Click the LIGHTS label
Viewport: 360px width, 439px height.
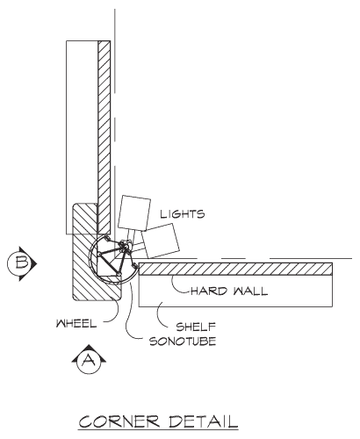click(183, 214)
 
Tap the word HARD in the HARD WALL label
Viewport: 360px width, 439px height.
click(209, 291)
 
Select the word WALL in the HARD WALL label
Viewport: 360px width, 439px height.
click(250, 291)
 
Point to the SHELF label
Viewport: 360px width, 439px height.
click(196, 327)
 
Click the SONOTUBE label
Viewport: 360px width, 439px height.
click(183, 342)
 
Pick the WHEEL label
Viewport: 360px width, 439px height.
click(76, 323)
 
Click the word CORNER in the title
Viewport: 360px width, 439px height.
click(119, 421)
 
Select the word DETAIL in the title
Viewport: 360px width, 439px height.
click(203, 421)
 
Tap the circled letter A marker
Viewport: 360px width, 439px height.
click(89, 359)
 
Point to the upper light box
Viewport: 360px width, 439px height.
click(134, 212)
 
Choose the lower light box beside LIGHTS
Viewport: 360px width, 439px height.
click(161, 241)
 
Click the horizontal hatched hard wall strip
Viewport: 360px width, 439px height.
click(235, 269)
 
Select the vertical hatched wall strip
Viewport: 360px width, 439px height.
click(104, 138)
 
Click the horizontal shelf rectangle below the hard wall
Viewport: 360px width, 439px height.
click(235, 291)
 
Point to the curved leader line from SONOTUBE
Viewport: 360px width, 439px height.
click(129, 316)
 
